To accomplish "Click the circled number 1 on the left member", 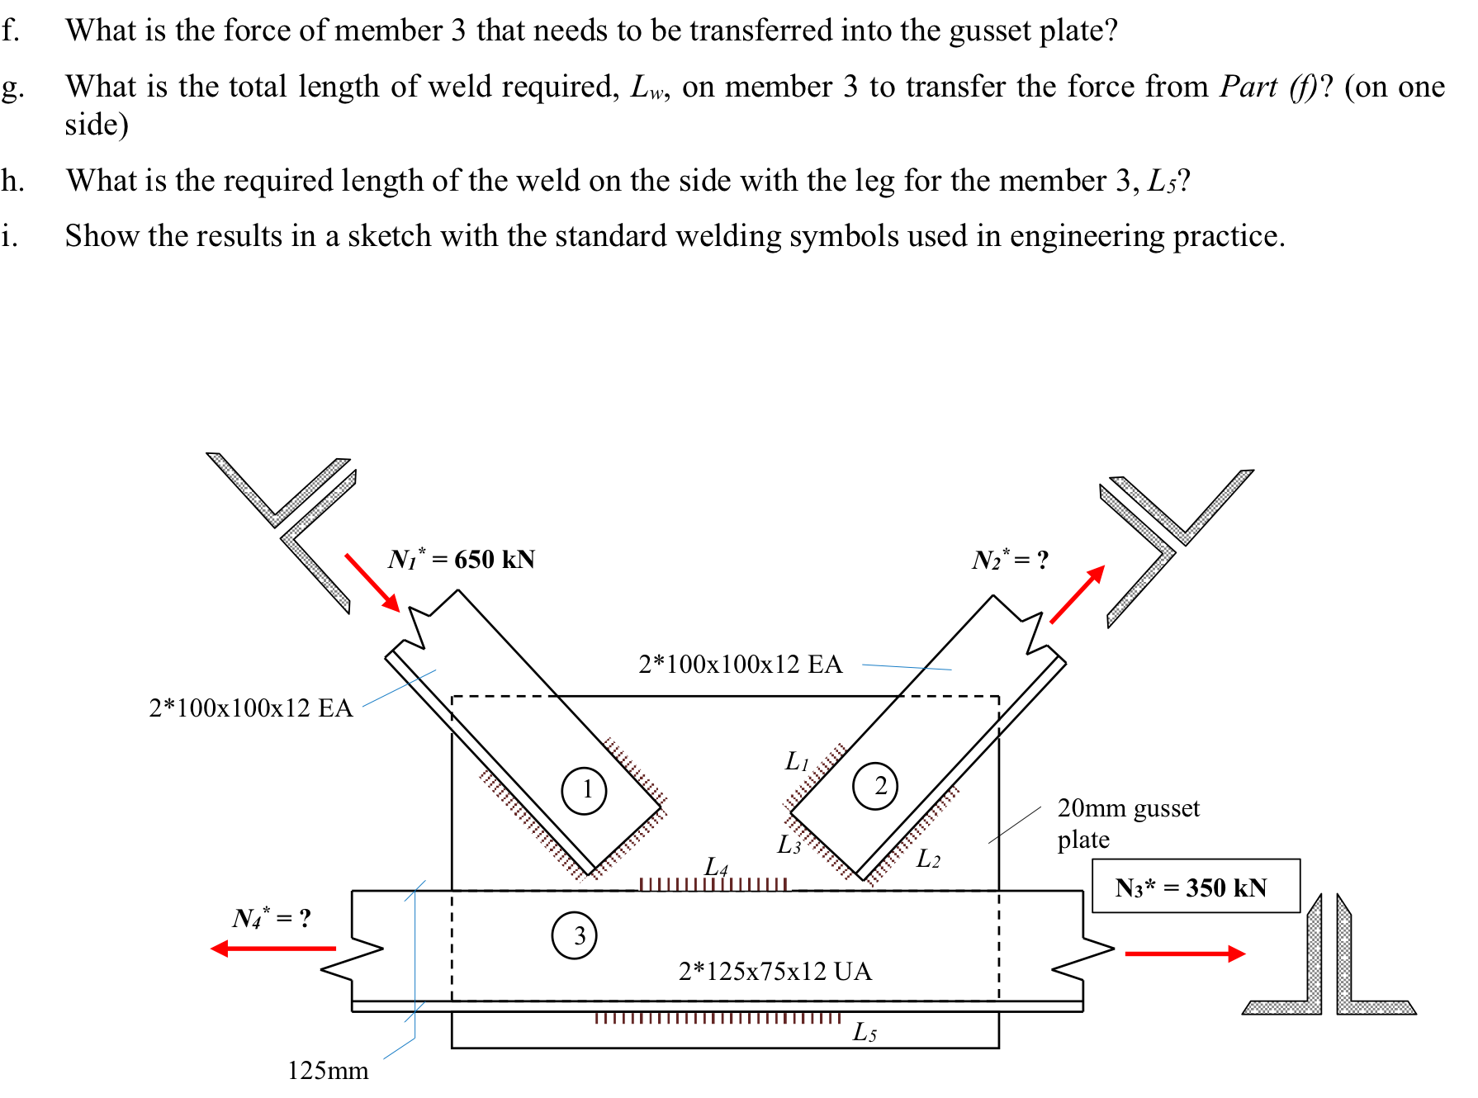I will (584, 790).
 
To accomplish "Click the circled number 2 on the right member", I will (874, 786).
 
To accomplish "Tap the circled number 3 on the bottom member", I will (574, 935).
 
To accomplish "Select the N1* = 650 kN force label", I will (462, 559).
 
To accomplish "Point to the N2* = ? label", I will (1009, 560).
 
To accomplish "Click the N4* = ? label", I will (272, 918).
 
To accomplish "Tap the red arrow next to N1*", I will (372, 582).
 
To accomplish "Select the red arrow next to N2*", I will (1078, 594).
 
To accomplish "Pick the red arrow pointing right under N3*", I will (1185, 954).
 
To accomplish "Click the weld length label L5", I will (865, 1033).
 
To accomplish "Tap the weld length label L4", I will (716, 867).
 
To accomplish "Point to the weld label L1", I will (796, 761).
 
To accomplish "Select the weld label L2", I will (928, 859).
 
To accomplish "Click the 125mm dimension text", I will (328, 1071).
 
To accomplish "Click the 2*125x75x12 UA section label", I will (775, 971).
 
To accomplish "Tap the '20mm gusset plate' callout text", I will (1127, 823).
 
